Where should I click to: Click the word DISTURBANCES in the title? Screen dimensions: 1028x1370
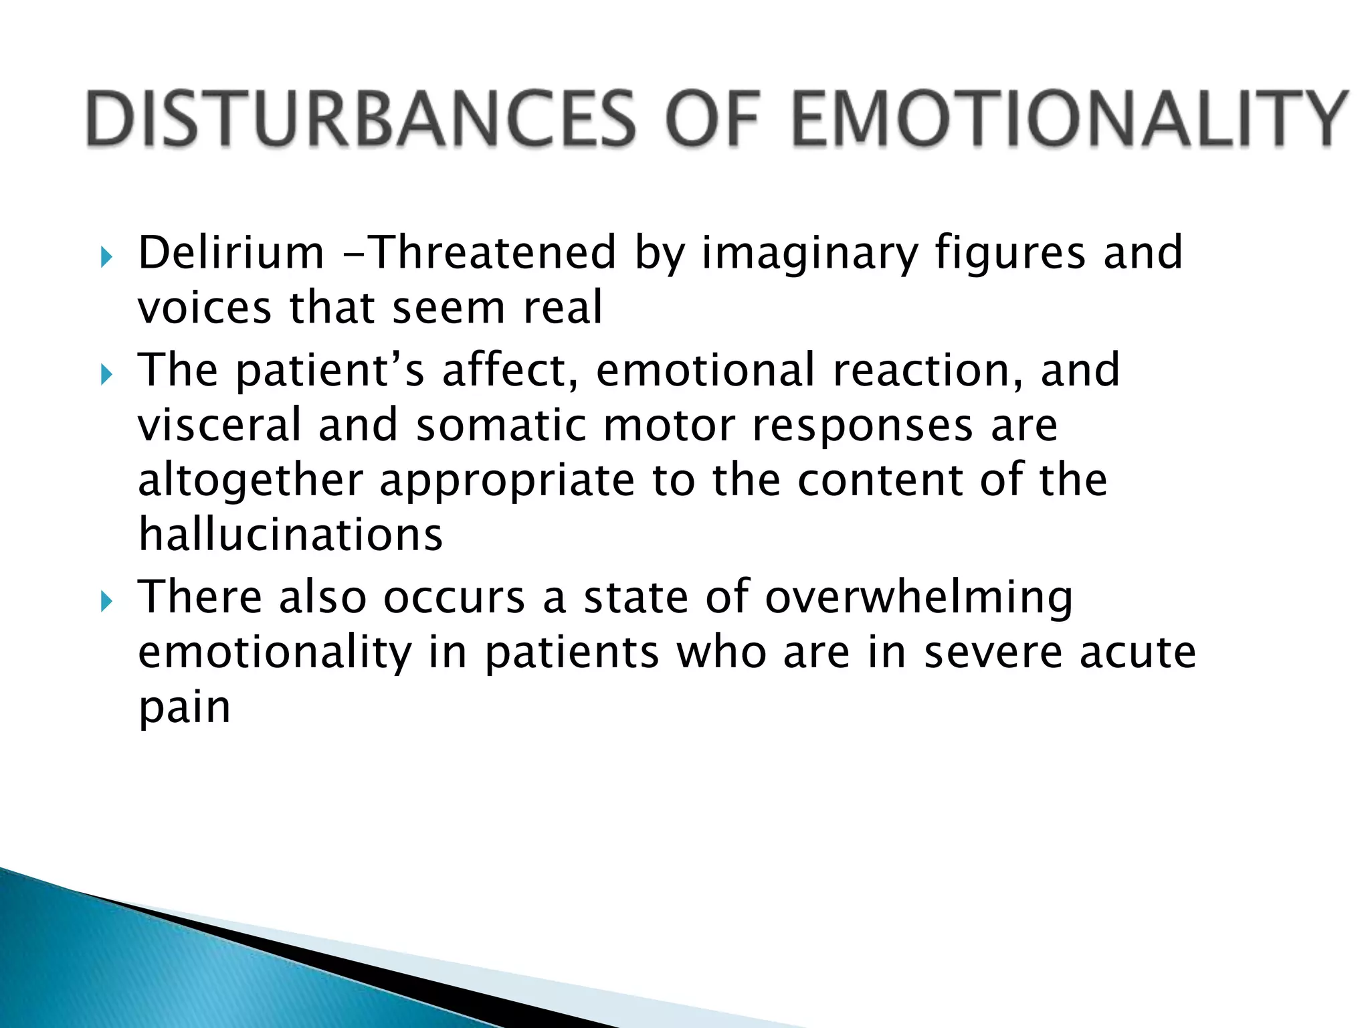(361, 118)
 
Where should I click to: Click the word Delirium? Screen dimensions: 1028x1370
(231, 254)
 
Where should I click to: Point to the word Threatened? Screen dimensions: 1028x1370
(492, 254)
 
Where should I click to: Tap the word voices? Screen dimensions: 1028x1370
(205, 309)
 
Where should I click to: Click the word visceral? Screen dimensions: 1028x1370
(219, 426)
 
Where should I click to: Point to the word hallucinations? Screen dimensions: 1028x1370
(290, 535)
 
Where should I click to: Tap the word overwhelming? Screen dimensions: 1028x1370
(919, 598)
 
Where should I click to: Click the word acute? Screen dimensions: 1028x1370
(1137, 653)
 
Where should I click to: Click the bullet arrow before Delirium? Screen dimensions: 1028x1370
(106, 256)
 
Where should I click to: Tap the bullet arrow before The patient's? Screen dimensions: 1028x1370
(106, 374)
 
